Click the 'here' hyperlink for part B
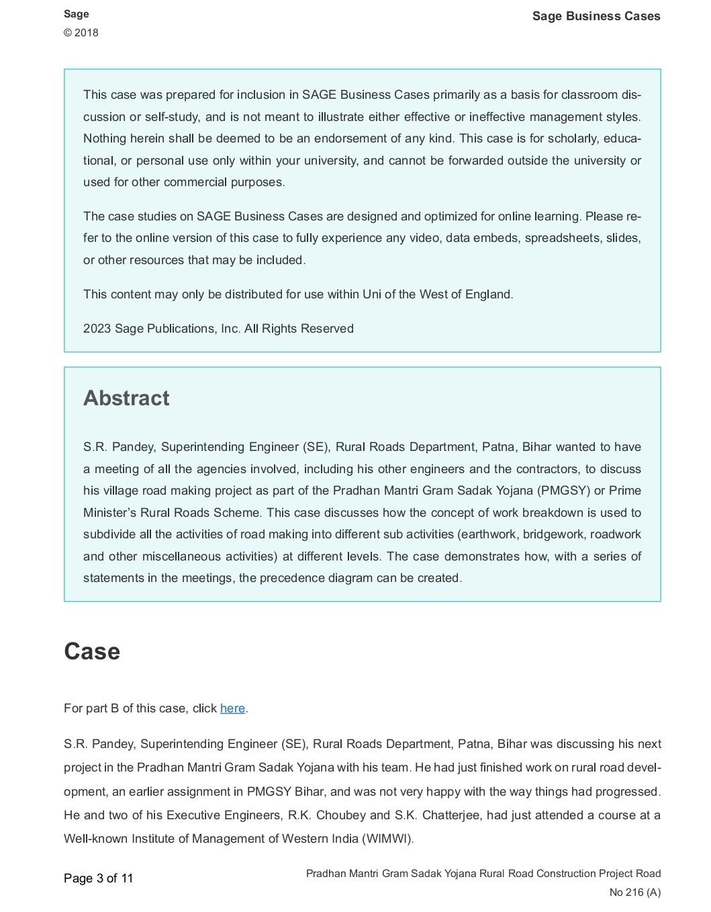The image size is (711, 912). click(232, 708)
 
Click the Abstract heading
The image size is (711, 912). click(126, 398)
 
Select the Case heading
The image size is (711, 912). click(92, 651)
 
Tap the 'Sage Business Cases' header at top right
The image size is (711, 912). click(596, 16)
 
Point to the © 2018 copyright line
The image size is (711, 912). click(81, 33)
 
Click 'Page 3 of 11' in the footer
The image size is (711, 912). click(99, 878)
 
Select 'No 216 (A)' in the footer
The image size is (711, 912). click(634, 893)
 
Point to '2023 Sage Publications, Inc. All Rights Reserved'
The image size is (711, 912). click(218, 329)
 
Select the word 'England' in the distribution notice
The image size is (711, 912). click(488, 294)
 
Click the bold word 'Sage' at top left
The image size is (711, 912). click(76, 14)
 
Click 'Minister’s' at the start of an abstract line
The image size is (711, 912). click(110, 513)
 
